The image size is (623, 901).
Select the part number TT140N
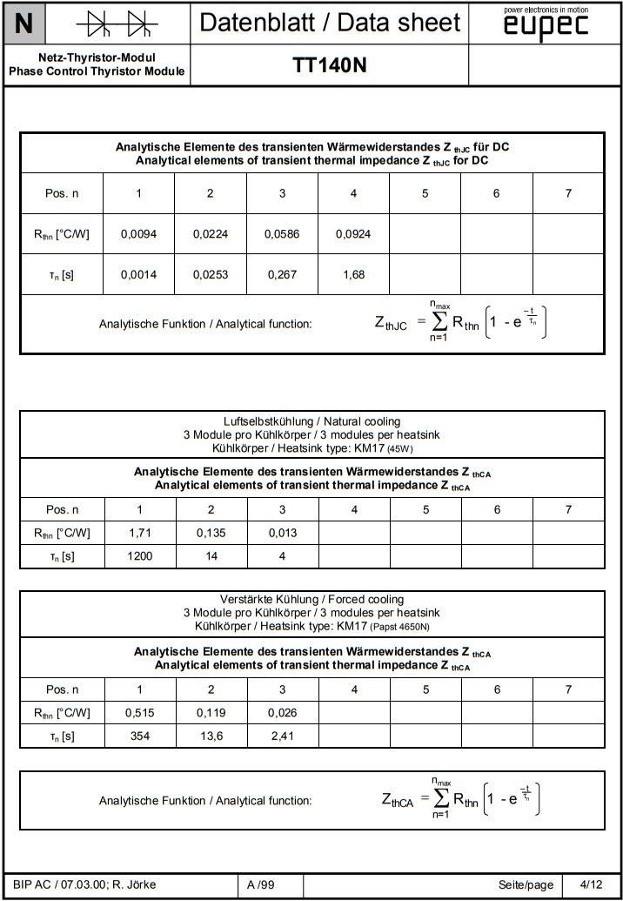click(329, 66)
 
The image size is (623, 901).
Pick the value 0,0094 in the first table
click(138, 234)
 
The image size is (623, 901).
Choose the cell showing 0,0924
click(353, 234)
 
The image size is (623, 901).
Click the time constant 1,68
click(353, 275)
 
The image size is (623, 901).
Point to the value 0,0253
click(210, 275)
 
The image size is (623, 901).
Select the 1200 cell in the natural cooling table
click(139, 556)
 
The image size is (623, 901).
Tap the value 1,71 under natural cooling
click(139, 533)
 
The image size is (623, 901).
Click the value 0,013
click(282, 533)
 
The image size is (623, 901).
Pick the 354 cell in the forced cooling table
click(139, 736)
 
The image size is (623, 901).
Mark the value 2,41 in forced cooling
click(282, 736)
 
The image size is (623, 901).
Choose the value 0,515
click(139, 713)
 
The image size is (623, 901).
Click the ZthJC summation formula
click(460, 323)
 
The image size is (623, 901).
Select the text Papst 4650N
click(404, 626)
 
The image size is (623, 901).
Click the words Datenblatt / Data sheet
click(329, 23)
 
